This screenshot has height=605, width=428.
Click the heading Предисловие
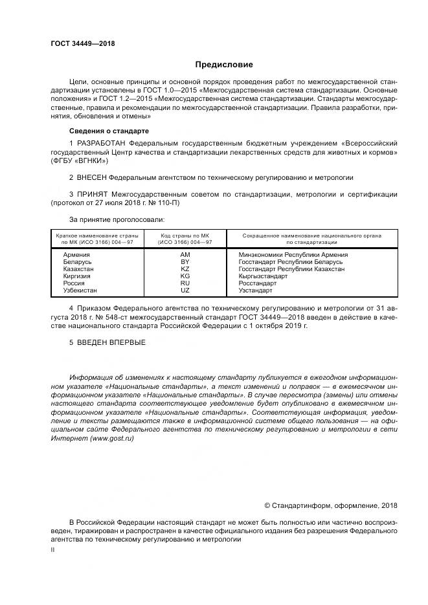tap(225, 65)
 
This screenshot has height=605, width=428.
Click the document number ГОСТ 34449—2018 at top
tap(82, 44)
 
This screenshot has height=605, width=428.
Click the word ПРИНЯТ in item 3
tap(93, 194)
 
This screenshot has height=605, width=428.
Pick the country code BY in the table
tap(185, 262)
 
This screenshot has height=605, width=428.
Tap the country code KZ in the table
tap(185, 269)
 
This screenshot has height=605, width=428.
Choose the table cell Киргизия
tap(77, 276)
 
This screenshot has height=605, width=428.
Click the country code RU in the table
tap(185, 283)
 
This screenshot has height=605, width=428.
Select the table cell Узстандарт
tap(256, 291)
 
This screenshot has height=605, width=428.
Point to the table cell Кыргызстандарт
tap(263, 276)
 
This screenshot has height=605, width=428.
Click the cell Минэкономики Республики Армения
tap(293, 255)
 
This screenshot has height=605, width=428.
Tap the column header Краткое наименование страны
tap(95, 235)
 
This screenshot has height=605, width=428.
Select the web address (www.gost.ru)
tap(112, 438)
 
